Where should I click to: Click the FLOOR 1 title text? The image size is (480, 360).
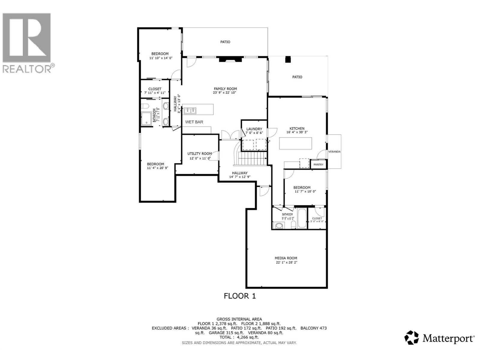pos(240,296)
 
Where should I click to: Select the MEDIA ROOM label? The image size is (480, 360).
pos(286,258)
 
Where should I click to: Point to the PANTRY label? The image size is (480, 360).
pos(318,164)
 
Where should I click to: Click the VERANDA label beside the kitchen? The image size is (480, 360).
pos(334,152)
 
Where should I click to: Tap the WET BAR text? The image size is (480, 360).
pos(194,122)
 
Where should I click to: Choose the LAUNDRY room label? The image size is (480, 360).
pos(254,129)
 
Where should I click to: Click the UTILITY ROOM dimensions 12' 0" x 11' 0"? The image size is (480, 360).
pos(199,158)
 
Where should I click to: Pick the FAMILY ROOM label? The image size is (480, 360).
pos(225,89)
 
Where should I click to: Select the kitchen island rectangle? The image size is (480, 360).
pos(295,143)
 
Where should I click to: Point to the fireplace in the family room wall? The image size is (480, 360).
pos(230,59)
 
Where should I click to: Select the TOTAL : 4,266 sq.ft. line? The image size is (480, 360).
pos(239,337)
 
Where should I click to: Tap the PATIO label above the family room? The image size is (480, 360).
pos(225,42)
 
